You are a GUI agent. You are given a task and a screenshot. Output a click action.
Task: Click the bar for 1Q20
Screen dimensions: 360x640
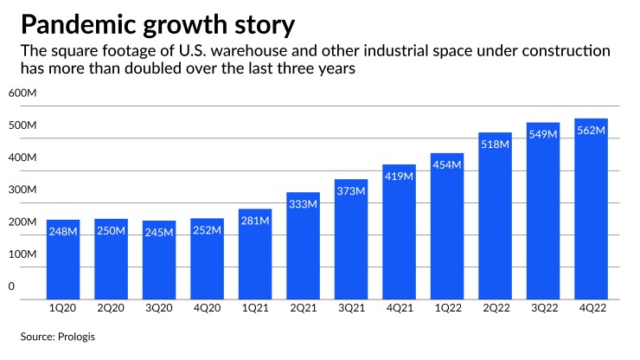[63, 260]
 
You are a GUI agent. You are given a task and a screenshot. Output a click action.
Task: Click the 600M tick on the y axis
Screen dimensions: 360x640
[22, 93]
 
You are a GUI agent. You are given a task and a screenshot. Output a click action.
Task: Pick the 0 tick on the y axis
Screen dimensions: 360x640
[12, 286]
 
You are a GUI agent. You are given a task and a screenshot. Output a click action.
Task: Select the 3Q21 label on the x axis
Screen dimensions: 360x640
[351, 309]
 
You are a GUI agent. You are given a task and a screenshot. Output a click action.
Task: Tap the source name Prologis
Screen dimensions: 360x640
[77, 336]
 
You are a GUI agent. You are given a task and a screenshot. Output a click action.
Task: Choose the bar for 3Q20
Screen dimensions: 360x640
[159, 260]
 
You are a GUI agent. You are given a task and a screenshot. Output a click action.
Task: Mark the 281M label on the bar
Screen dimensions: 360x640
[255, 221]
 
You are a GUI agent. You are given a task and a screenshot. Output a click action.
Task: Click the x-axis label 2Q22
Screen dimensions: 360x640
[495, 309]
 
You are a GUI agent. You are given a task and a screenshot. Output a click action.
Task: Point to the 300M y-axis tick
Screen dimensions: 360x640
[22, 190]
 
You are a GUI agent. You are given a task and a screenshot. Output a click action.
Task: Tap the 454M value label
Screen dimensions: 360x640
[446, 165]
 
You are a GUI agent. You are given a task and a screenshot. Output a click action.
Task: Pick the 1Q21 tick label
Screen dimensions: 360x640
[255, 309]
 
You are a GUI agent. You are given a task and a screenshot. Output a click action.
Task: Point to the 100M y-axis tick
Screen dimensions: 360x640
[22, 254]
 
